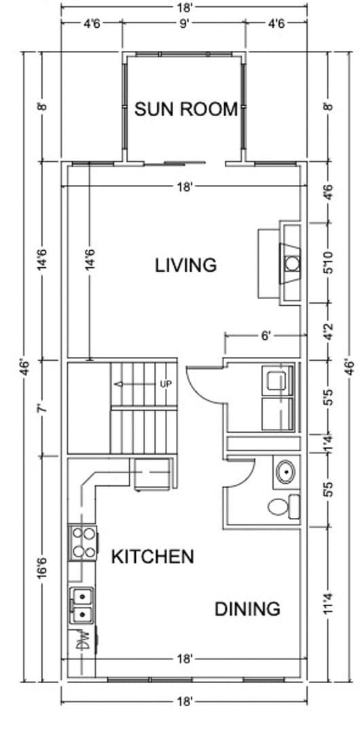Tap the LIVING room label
[x=185, y=264]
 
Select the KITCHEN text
[x=152, y=557]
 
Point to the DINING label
[x=247, y=608]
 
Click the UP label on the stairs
[x=165, y=384]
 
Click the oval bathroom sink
[x=287, y=470]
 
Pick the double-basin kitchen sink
[x=83, y=605]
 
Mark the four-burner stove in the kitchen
[x=83, y=543]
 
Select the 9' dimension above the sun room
[x=183, y=22]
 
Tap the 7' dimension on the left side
[x=41, y=408]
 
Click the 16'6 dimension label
[x=41, y=568]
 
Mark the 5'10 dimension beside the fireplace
[x=329, y=262]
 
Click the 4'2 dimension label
[x=329, y=332]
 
